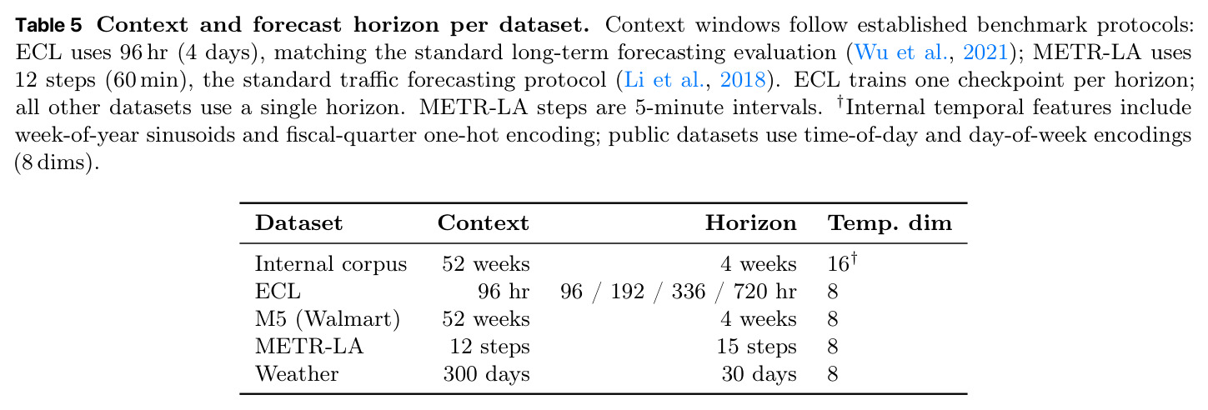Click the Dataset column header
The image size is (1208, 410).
tap(298, 223)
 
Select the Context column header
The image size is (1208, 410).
tap(484, 223)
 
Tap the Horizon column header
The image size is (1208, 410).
tap(750, 223)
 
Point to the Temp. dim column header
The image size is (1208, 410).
tap(890, 223)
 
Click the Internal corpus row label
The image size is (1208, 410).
tap(331, 264)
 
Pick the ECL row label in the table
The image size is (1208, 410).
tap(278, 292)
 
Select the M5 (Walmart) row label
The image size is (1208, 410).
tap(328, 319)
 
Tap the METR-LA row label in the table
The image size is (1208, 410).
tap(309, 347)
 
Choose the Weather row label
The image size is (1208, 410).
tap(297, 374)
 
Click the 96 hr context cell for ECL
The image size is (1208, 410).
tap(504, 292)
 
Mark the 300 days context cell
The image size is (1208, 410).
tap(486, 374)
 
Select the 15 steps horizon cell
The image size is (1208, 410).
tap(757, 347)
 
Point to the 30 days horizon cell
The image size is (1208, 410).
tap(759, 374)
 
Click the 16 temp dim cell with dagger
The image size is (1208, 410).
tap(842, 263)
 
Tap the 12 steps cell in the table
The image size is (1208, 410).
tap(490, 347)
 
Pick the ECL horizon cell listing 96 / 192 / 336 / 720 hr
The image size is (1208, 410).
tap(679, 292)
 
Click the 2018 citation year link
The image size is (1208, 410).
tap(743, 80)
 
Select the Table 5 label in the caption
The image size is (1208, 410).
tap(48, 25)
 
